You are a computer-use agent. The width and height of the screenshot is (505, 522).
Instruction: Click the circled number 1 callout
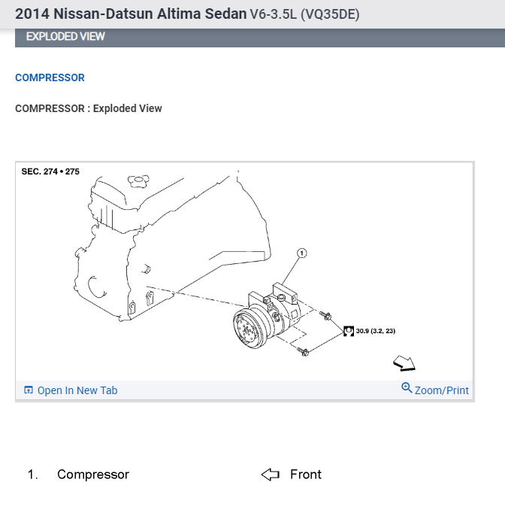302,253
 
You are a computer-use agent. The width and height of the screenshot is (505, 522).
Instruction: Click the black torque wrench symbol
348,331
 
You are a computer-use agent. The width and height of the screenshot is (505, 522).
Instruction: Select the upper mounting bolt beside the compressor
325,315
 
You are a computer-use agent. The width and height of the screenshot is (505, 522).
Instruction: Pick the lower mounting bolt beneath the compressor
303,351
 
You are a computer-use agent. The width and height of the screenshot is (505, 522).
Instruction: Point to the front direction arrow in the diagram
404,363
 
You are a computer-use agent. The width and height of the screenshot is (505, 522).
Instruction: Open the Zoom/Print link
441,390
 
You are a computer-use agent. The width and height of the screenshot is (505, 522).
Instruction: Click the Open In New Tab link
77,390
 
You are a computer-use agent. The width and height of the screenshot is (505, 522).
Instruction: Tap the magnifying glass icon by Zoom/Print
407,388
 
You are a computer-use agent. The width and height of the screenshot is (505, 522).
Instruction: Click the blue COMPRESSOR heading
50,77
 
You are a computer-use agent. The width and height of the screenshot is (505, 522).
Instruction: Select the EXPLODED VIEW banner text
65,36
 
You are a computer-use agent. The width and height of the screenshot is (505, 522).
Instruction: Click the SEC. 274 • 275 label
50,171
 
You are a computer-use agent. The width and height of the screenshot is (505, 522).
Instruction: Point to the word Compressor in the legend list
93,475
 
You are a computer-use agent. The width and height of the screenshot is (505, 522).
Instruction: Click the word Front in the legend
306,475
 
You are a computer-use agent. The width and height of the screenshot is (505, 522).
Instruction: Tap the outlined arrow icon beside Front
270,475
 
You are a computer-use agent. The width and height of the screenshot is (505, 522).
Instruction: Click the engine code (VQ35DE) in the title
330,14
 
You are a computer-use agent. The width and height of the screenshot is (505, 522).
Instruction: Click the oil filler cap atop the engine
138,181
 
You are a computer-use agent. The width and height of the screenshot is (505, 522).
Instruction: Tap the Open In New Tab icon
29,390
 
